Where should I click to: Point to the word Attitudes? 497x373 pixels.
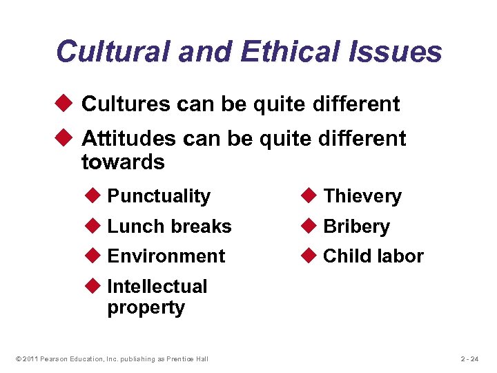pyautogui.click(x=129, y=139)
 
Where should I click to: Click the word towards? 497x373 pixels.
pyautogui.click(x=123, y=163)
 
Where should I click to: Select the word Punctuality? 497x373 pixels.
pyautogui.click(x=159, y=196)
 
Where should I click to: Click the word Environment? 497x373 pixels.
pyautogui.click(x=166, y=256)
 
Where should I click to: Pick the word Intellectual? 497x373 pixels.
pyautogui.click(x=157, y=287)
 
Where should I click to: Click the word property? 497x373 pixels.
pyautogui.click(x=146, y=308)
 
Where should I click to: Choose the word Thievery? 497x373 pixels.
pyautogui.click(x=362, y=196)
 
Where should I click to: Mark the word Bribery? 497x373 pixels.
pyautogui.click(x=357, y=227)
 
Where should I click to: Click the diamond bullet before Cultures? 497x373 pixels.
pyautogui.click(x=66, y=104)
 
